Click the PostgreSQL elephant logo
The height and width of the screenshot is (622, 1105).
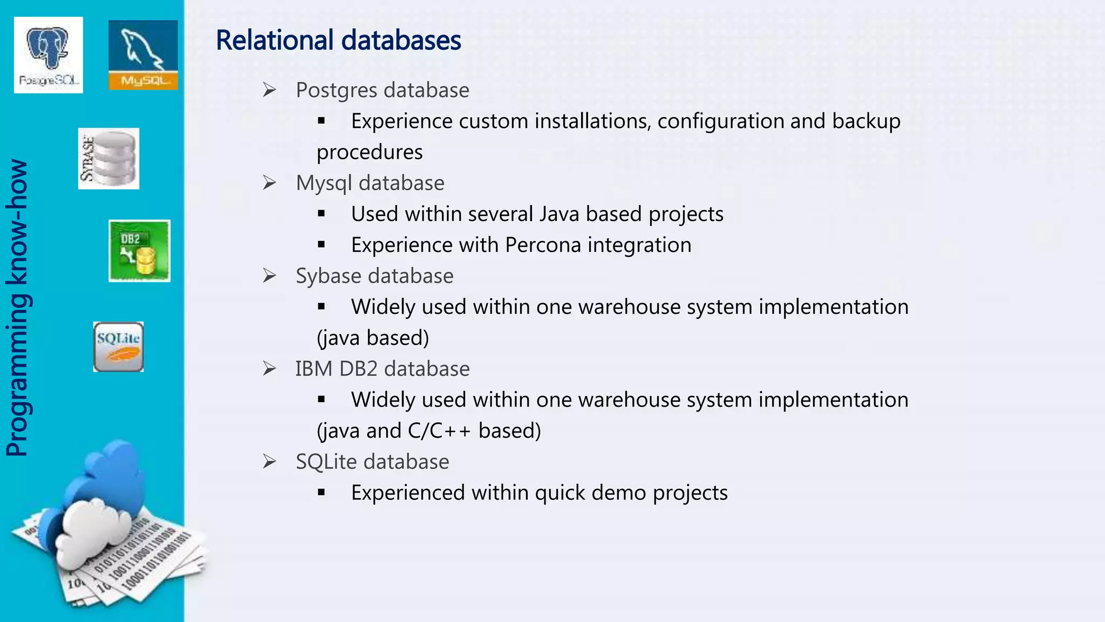click(49, 55)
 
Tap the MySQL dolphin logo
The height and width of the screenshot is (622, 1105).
click(143, 55)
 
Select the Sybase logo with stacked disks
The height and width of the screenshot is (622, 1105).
click(108, 159)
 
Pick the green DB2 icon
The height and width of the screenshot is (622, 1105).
click(139, 251)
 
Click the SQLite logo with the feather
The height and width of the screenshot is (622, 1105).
click(118, 347)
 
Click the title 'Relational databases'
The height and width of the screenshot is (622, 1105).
click(338, 40)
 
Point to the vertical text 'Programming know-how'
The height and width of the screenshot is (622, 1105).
click(17, 308)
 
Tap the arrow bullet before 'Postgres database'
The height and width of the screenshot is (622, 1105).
click(269, 90)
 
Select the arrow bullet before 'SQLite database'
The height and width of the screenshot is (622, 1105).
click(269, 462)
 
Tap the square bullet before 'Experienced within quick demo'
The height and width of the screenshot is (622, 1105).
click(322, 492)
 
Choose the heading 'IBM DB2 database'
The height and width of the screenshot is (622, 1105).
click(382, 369)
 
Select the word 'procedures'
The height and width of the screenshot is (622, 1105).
click(370, 152)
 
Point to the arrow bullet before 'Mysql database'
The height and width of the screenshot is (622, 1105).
click(269, 183)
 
